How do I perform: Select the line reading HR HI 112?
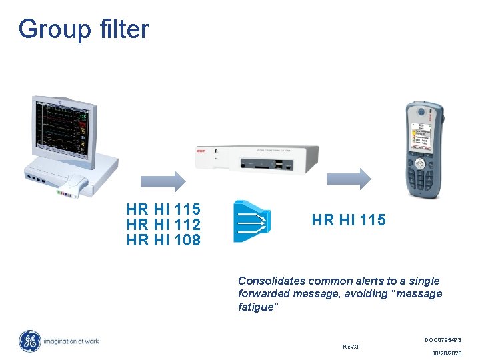click(163, 225)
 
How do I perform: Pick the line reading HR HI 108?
click(163, 240)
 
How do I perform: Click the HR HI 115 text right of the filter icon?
click(349, 220)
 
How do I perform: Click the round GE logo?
click(29, 341)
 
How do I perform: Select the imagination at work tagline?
click(72, 341)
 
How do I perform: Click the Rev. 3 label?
click(350, 346)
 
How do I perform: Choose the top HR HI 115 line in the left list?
click(163, 209)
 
